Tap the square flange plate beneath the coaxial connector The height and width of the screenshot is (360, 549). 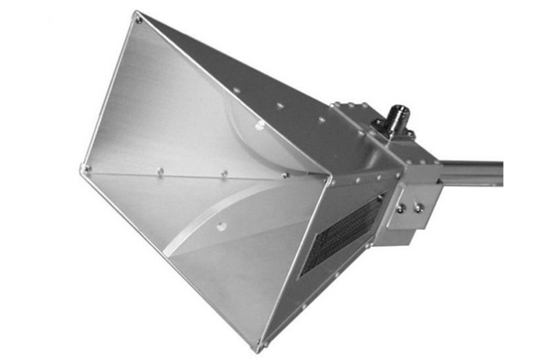390,135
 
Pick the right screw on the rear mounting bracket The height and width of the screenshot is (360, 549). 417,207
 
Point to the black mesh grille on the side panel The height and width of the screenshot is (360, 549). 341,231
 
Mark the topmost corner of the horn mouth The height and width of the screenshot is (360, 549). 137,15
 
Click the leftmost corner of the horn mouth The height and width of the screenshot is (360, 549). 84,169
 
